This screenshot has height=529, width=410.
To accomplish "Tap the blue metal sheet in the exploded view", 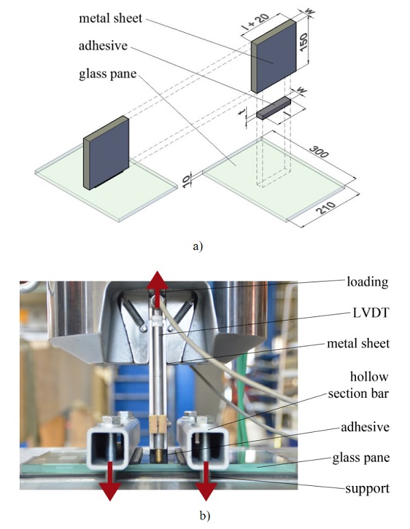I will pos(274,55).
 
